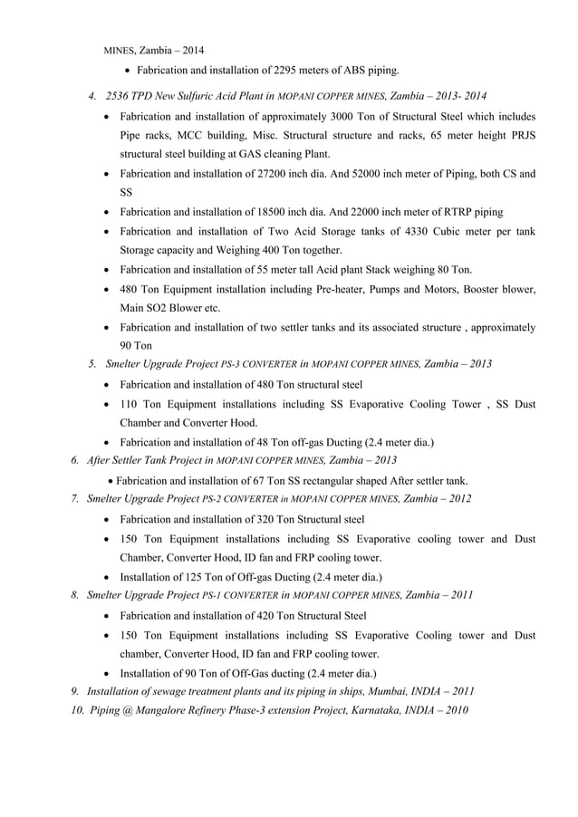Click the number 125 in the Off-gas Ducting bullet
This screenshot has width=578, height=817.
(204, 576)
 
